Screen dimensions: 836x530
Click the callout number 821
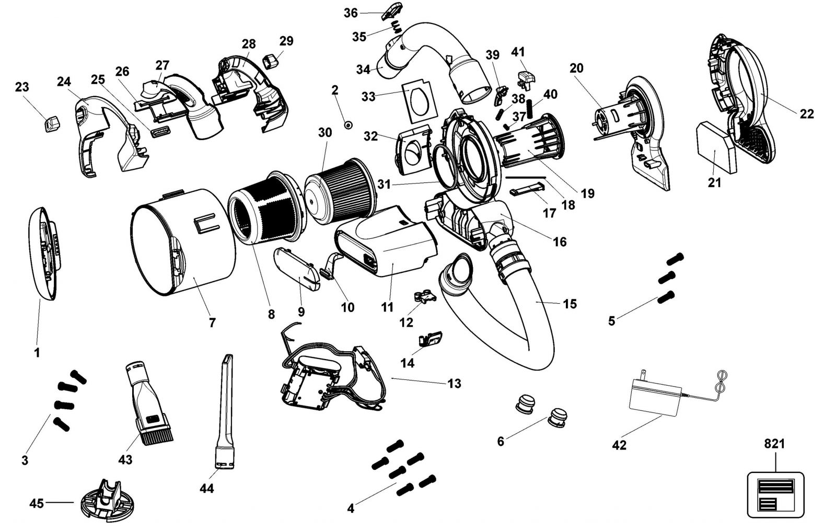tap(774, 444)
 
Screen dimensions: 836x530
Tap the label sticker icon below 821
tap(775, 494)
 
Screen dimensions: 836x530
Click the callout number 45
tap(37, 503)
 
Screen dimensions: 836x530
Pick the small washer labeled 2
tap(348, 125)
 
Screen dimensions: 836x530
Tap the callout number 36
tap(351, 13)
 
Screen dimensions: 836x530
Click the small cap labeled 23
tap(52, 123)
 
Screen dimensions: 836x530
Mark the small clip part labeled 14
tap(430, 339)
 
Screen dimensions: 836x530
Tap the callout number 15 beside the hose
tap(570, 304)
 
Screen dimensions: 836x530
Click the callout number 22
tap(807, 113)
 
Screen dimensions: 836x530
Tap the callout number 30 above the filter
tap(324, 133)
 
